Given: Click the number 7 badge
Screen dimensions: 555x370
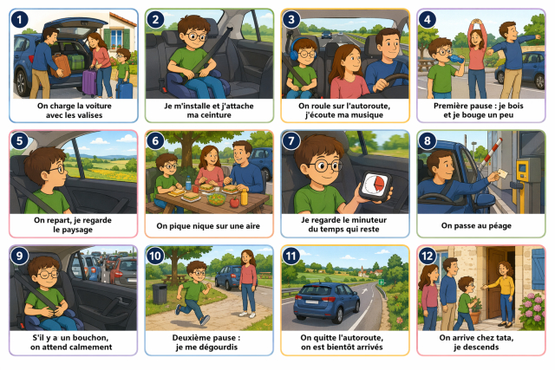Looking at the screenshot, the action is coord(291,140).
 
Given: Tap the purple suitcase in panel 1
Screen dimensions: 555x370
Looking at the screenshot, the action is coord(89,82).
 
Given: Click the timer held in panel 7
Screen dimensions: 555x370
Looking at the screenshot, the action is coord(375,186).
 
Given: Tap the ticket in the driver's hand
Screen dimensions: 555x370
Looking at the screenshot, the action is coord(502,173).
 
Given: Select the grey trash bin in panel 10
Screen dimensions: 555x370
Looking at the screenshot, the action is coord(160,294).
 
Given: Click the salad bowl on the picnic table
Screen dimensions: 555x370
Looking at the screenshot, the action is coord(217,198).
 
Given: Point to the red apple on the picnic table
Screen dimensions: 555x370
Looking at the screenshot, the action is coord(234,202).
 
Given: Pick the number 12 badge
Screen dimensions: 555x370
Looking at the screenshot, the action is coord(428,256).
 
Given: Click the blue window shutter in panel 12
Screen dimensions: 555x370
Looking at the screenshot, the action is coord(538,269).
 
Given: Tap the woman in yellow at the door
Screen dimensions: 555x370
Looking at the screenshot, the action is coord(503,293).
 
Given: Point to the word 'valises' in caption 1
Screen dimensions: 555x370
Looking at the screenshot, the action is coord(88,115).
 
